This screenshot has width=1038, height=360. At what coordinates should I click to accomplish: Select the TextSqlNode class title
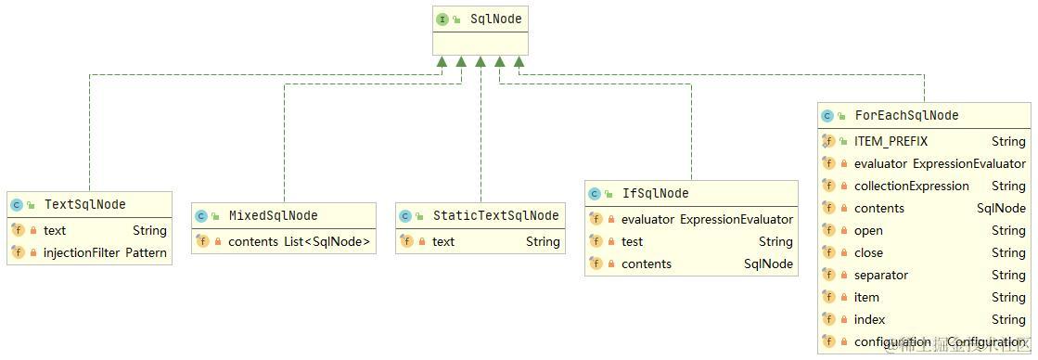coord(84,204)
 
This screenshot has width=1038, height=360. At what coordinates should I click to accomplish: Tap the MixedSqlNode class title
coord(273,215)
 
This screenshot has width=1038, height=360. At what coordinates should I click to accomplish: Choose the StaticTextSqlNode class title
coord(495,215)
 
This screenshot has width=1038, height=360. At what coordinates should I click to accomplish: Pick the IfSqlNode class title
coord(655,193)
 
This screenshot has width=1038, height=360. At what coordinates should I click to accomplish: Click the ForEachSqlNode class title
coord(906,115)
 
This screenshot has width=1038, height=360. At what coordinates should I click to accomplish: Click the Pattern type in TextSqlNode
coord(146,252)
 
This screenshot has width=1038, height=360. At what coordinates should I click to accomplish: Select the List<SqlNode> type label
coord(327,241)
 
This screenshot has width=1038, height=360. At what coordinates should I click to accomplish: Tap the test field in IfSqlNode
coord(632,241)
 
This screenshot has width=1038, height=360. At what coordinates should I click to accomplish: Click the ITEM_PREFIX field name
coord(891,141)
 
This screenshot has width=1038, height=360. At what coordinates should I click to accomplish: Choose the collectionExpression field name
coord(911,186)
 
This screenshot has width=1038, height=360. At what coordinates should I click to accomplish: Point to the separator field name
coord(880,275)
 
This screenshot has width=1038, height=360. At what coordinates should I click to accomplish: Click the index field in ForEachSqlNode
coord(869,319)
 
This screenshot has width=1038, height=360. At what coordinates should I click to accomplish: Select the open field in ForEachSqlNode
coord(868,230)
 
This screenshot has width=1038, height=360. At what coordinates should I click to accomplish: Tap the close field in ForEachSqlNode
coord(868,252)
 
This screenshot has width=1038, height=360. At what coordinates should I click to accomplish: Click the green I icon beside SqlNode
coord(442,19)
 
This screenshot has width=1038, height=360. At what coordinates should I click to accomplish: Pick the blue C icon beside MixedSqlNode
coord(201,215)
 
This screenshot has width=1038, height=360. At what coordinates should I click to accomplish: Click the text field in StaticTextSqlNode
coord(443,241)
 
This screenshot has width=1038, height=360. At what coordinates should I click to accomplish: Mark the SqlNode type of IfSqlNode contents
coord(768,264)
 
